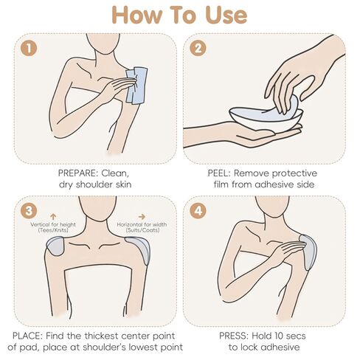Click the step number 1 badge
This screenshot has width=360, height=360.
tap(29, 49)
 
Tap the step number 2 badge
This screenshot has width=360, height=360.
tap(198, 49)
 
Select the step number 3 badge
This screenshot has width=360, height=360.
tap(29, 211)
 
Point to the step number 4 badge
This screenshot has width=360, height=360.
tap(198, 211)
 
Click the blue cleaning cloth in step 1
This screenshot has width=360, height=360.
tap(136, 86)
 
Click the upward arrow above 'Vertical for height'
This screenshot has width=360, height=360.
tap(53, 216)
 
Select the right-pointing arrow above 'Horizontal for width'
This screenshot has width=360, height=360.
tap(142, 216)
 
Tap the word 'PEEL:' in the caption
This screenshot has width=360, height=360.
tap(219, 173)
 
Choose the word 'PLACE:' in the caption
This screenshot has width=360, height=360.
tap(27, 336)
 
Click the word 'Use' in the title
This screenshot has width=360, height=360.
tap(226, 15)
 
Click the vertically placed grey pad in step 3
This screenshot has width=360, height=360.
tap(56, 246)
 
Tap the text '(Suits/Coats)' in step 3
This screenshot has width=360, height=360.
tap(142, 230)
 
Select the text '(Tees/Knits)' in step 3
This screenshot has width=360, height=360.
tap(53, 230)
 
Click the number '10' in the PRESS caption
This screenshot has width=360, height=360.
tap(273, 336)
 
